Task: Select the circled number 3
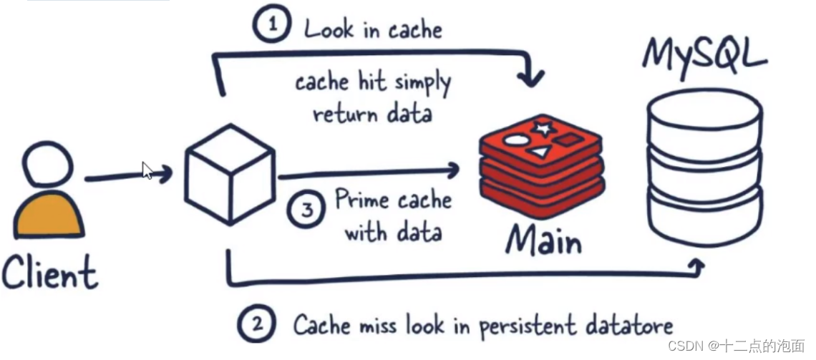coord(306,211)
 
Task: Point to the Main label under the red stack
coord(544,240)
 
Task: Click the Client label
coord(49,273)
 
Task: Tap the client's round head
coord(47,165)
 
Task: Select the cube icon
coord(230,173)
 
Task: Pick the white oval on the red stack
coord(515,141)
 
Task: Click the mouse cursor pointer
coord(147,170)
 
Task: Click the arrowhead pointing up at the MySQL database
coord(696,267)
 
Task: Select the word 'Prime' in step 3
coord(362,200)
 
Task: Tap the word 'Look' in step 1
coord(329,29)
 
